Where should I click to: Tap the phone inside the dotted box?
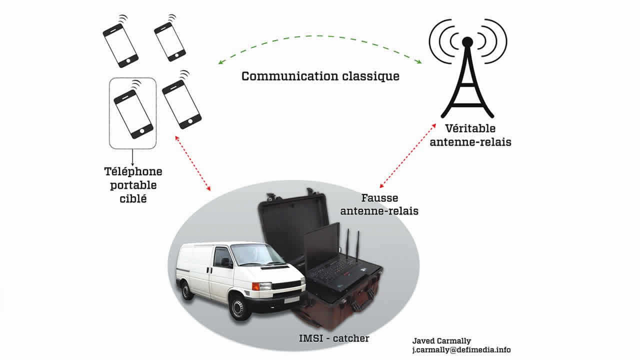132,113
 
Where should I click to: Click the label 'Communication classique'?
320,76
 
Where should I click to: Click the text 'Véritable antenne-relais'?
474,135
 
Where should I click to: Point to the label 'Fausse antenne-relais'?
379,204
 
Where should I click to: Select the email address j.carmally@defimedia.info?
460,350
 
